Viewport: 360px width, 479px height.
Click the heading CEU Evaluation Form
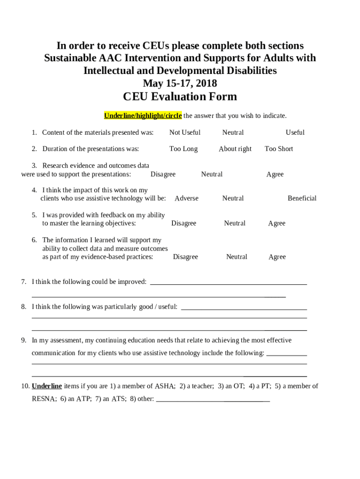pos(180,97)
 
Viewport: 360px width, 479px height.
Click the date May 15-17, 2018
pos(180,83)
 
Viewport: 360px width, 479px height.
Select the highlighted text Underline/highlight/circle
pos(143,116)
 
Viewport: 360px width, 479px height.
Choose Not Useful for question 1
pos(185,132)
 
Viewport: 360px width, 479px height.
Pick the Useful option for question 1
pos(295,132)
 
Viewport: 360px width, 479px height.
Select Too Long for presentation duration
pos(183,149)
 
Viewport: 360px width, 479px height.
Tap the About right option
pos(235,149)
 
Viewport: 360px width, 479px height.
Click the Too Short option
pos(279,149)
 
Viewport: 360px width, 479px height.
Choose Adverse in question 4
pos(186,198)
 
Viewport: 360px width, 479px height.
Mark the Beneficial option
pos(302,198)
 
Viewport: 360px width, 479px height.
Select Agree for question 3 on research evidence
pos(275,174)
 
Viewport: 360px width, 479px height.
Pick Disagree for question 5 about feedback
pos(184,223)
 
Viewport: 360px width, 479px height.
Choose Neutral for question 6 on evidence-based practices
pos(237,257)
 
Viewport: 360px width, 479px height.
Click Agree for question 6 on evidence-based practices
pos(277,257)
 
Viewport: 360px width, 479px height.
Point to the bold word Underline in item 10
pos(47,386)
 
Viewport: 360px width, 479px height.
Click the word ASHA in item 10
pos(165,386)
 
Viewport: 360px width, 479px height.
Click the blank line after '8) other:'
pos(213,399)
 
